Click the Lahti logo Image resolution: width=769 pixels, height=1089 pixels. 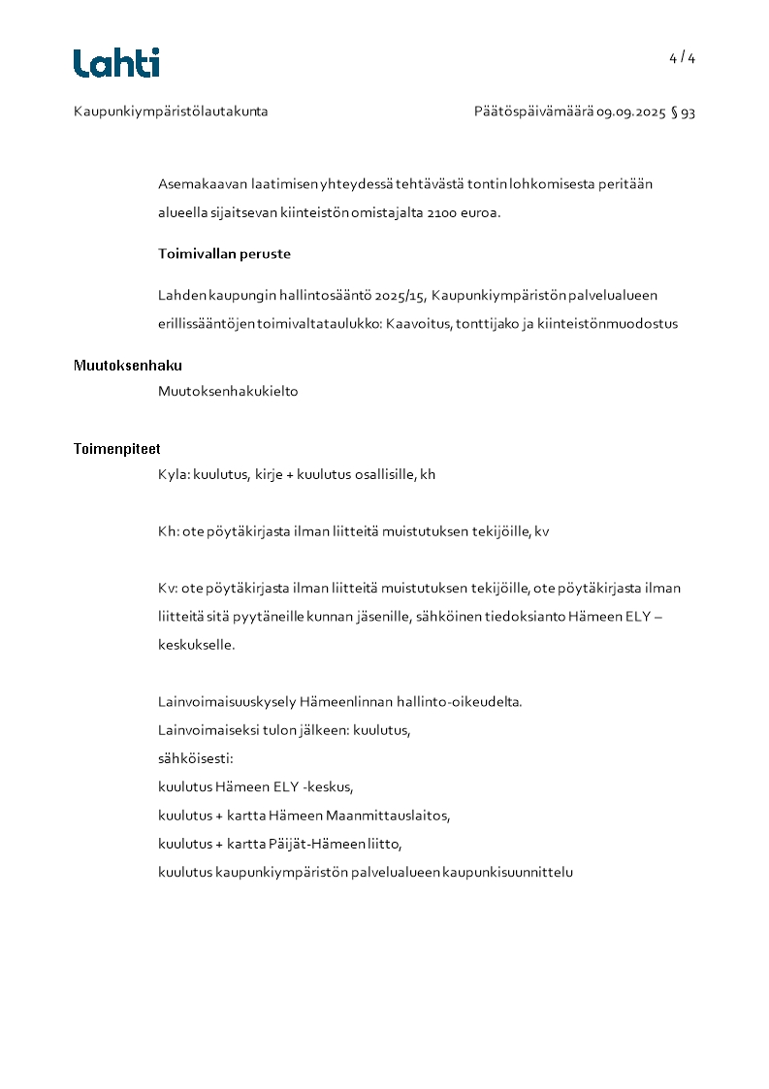click(x=116, y=63)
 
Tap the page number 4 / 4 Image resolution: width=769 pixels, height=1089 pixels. click(x=682, y=58)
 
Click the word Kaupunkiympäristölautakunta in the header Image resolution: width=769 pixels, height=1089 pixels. click(x=171, y=112)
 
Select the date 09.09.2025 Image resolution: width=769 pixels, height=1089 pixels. click(x=630, y=112)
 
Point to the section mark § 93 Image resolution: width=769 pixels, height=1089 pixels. click(x=683, y=112)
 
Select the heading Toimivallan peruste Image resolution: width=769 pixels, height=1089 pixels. click(x=224, y=254)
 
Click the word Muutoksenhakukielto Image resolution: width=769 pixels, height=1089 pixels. click(x=228, y=392)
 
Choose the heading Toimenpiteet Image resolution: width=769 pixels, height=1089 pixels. click(x=117, y=449)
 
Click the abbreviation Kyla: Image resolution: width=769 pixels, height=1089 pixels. click(x=174, y=474)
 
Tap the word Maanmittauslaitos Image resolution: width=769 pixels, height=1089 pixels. click(x=388, y=816)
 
